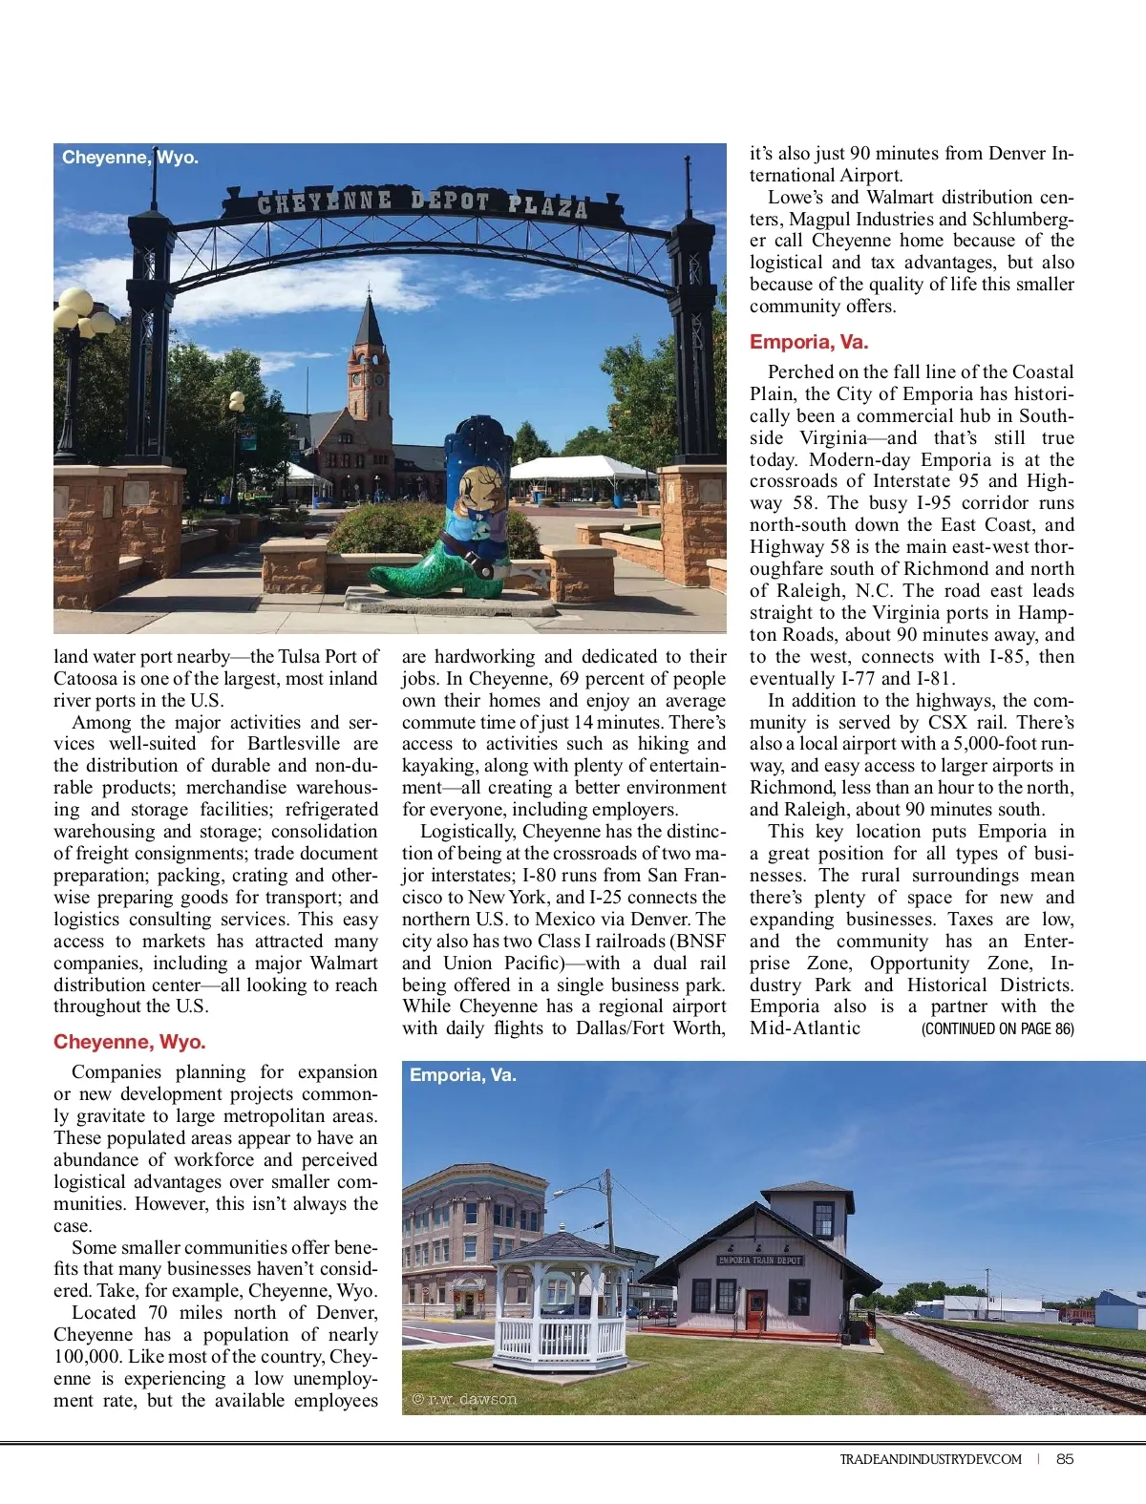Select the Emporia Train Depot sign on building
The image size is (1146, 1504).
click(x=761, y=1260)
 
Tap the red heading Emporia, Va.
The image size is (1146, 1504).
click(x=808, y=342)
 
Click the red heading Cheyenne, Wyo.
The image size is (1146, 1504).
click(x=130, y=1042)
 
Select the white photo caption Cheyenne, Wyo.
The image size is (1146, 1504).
click(x=130, y=158)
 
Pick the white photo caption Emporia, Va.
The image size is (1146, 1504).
click(x=462, y=1075)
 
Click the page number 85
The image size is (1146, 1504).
click(x=1065, y=1458)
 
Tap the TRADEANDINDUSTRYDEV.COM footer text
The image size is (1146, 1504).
click(x=930, y=1459)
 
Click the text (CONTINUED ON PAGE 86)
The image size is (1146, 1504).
click(x=997, y=1028)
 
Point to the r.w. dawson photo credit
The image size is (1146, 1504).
click(x=464, y=1399)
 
